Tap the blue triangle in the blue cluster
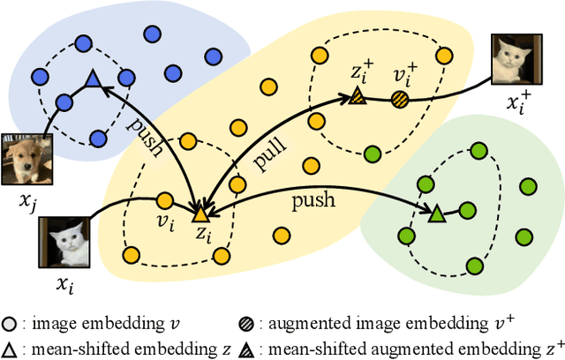(x=92, y=81)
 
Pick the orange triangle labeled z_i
(x=200, y=214)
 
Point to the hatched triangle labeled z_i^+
(x=357, y=95)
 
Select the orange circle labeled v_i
(x=164, y=201)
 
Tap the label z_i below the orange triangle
(x=203, y=234)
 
